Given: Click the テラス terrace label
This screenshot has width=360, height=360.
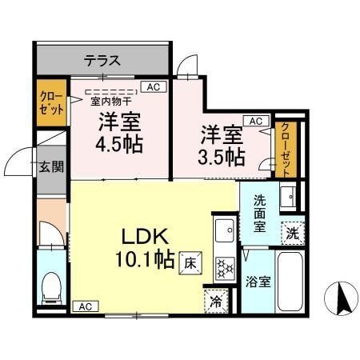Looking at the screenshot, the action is (102, 61).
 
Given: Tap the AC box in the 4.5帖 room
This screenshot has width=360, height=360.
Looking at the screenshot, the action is (154, 87).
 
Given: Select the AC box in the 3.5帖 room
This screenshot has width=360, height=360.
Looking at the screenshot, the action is (256, 121).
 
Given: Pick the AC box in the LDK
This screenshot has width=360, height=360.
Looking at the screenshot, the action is (86, 306).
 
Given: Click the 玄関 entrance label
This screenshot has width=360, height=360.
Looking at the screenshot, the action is (51, 166).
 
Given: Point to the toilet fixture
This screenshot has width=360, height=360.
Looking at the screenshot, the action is (51, 288).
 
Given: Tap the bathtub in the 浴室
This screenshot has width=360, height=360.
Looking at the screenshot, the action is (290, 282).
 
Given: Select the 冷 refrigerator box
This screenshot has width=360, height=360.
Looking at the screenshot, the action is (216, 302).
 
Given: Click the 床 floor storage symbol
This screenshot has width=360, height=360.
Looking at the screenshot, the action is (190, 263).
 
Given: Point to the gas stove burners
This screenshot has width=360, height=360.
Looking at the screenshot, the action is (226, 269).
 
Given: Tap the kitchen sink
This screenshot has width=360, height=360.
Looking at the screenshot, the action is (226, 230).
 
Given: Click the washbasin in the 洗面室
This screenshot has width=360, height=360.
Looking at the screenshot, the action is (288, 197).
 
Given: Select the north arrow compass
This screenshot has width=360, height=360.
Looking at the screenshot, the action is (341, 298).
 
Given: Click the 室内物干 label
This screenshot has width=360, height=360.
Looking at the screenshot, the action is (111, 102).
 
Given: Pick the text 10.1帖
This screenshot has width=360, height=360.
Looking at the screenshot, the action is (146, 258).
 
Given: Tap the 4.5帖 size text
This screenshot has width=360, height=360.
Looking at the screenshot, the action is (119, 144).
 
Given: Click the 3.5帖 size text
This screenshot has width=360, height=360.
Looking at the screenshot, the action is (222, 157).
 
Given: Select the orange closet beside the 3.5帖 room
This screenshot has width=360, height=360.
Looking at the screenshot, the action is (286, 150).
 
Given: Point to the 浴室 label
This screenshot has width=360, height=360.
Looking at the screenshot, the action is (258, 282).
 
